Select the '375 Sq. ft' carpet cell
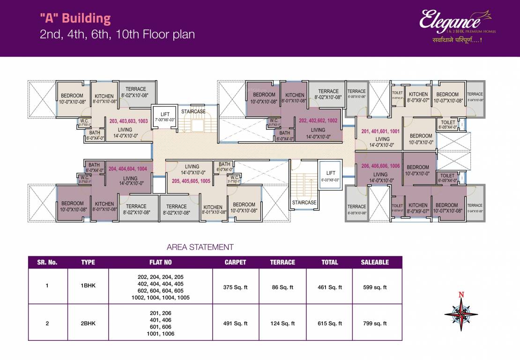[236, 287]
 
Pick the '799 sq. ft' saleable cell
[375, 323]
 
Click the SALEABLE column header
[375, 262]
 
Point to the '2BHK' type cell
[88, 323]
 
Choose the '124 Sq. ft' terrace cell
[282, 323]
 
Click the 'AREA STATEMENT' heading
[200, 247]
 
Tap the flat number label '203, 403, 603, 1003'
[128, 121]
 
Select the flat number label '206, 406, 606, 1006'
[381, 165]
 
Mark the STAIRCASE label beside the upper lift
[193, 112]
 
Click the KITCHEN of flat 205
[213, 210]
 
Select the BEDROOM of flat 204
[72, 206]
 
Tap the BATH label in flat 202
[284, 135]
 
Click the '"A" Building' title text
[75, 19]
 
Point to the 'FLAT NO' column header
[160, 262]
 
